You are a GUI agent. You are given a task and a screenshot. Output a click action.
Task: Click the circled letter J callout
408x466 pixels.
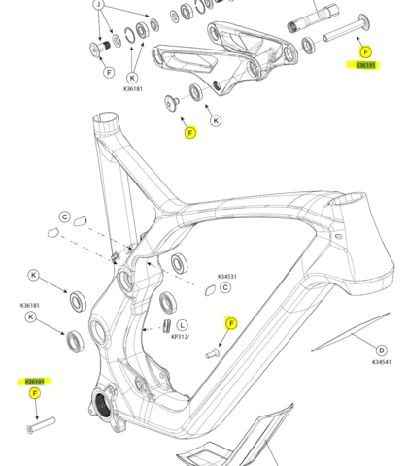(x=98, y=4)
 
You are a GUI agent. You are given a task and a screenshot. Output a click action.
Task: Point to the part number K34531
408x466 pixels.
(x=226, y=277)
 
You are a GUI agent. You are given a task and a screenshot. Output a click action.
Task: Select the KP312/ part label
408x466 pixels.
(x=180, y=336)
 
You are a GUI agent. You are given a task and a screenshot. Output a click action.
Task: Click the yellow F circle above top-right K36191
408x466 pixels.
(x=365, y=51)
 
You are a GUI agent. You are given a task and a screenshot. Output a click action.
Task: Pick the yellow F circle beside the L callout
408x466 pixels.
(x=231, y=323)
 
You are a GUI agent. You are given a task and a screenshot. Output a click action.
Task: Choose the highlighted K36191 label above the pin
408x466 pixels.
(x=35, y=381)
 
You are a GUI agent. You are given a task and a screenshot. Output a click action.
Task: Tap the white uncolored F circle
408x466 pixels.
(x=108, y=72)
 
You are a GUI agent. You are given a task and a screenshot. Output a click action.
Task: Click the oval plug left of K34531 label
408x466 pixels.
(x=211, y=289)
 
